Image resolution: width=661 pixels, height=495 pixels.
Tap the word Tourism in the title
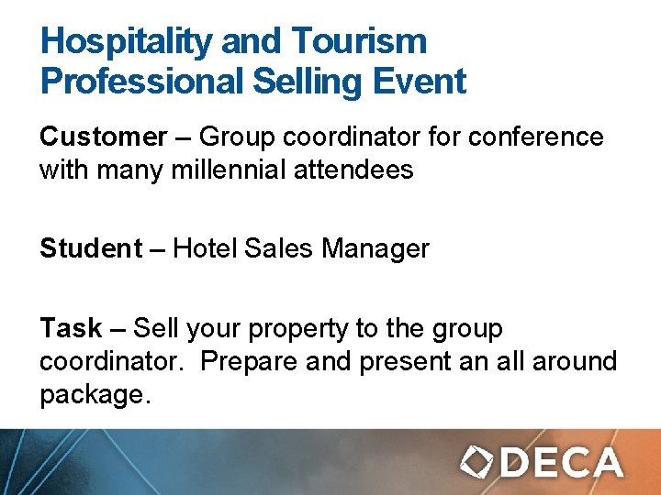(359, 41)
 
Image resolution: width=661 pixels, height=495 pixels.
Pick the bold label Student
(90, 248)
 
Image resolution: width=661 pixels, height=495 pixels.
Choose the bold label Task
(71, 328)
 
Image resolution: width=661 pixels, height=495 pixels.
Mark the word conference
(536, 137)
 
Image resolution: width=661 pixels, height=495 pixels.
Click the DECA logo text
(563, 462)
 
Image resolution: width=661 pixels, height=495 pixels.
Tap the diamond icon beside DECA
(477, 462)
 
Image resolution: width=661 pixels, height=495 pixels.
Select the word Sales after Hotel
(278, 248)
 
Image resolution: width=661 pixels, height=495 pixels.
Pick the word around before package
(571, 361)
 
